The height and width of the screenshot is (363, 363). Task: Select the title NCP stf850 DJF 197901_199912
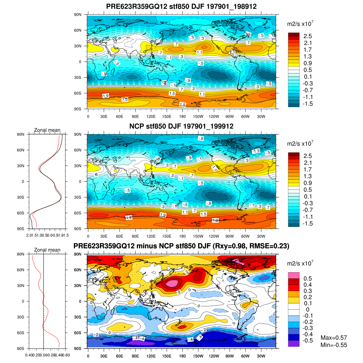tap(181, 126)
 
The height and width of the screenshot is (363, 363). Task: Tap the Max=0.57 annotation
tap(334, 338)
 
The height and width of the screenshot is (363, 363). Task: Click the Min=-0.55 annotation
tap(334, 345)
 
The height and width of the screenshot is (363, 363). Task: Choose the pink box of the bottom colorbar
tap(293, 275)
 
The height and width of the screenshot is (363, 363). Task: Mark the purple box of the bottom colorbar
tap(293, 343)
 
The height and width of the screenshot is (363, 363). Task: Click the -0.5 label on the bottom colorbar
tap(308, 341)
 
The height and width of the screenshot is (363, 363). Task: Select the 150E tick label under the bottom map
tap(167, 356)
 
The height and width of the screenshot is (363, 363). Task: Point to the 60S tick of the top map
tap(78, 93)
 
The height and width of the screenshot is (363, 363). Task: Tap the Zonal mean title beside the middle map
tap(47, 130)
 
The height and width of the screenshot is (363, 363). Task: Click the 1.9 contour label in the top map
tap(106, 96)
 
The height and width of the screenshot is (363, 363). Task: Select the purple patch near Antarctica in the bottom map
tap(138, 343)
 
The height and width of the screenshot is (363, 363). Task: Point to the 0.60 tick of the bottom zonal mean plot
tap(66, 355)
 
